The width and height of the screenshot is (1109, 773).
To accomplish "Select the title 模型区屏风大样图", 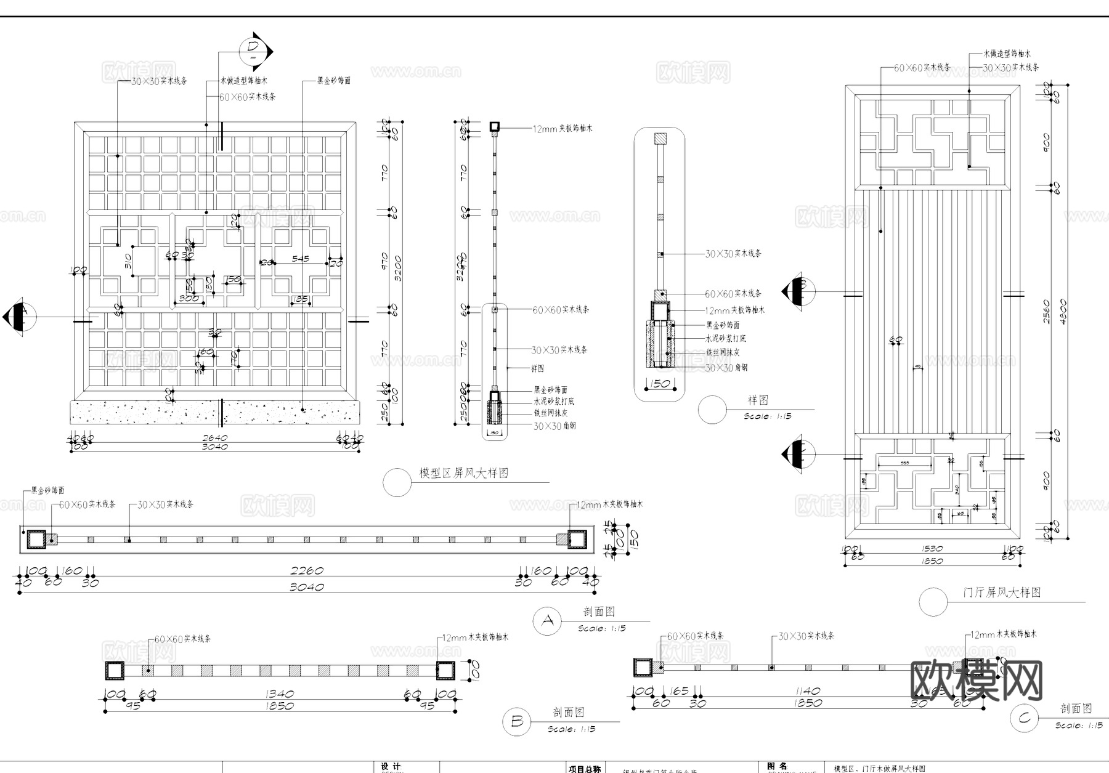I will click(464, 473).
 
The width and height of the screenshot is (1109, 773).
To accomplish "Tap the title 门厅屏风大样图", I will click(1002, 593).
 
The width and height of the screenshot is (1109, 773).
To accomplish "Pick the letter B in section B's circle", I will click(517, 721).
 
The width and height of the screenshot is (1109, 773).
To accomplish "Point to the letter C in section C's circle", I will click(1024, 718).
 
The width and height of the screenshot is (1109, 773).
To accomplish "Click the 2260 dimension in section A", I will click(307, 571).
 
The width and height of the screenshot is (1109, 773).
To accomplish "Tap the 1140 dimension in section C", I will click(808, 691).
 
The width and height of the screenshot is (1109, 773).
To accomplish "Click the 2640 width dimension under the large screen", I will click(215, 438).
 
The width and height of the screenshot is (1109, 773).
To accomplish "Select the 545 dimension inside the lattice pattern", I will click(301, 259).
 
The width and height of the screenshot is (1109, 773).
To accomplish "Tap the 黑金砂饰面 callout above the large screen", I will click(334, 81).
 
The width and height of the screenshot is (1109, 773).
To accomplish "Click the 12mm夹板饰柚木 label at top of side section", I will click(563, 129).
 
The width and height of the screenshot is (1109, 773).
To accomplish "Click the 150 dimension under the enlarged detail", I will click(660, 384).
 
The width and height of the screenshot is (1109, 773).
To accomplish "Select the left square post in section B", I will click(115, 671).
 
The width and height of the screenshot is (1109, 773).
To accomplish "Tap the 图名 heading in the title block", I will click(777, 766).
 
